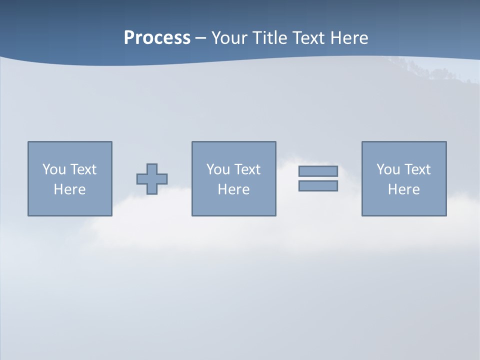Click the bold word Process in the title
(x=157, y=38)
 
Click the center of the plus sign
(x=152, y=179)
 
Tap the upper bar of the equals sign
(x=318, y=171)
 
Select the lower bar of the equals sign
(x=318, y=185)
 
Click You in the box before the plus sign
(x=54, y=169)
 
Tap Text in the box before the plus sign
(x=83, y=169)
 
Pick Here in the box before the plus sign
(x=70, y=189)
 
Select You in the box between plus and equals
(x=218, y=169)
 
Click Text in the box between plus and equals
(x=247, y=169)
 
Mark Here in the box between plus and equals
(x=234, y=189)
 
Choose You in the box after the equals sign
(x=388, y=169)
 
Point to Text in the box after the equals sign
(x=417, y=169)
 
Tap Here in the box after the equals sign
(x=404, y=189)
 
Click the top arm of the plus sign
(x=152, y=169)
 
